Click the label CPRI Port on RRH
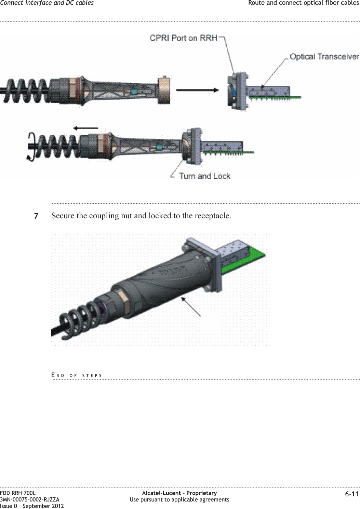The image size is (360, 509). click(x=184, y=38)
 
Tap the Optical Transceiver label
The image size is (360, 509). click(x=324, y=56)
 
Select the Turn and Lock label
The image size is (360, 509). click(x=204, y=176)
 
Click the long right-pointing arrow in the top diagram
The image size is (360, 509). click(x=197, y=90)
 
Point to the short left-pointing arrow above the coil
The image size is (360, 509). click(x=86, y=128)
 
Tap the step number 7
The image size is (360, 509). click(x=36, y=216)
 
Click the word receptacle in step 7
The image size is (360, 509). click(x=213, y=216)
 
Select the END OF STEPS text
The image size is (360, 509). click(x=77, y=375)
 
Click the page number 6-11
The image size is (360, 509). click(x=352, y=494)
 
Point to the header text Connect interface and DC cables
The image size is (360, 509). click(x=47, y=3)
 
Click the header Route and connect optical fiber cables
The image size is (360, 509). click(x=303, y=3)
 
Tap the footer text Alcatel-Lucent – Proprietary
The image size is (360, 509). click(x=179, y=493)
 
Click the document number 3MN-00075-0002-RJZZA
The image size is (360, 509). click(x=30, y=499)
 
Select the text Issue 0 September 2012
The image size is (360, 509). click(x=32, y=506)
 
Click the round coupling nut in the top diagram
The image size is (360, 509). click(x=164, y=90)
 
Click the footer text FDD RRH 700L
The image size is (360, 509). click(x=18, y=493)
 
